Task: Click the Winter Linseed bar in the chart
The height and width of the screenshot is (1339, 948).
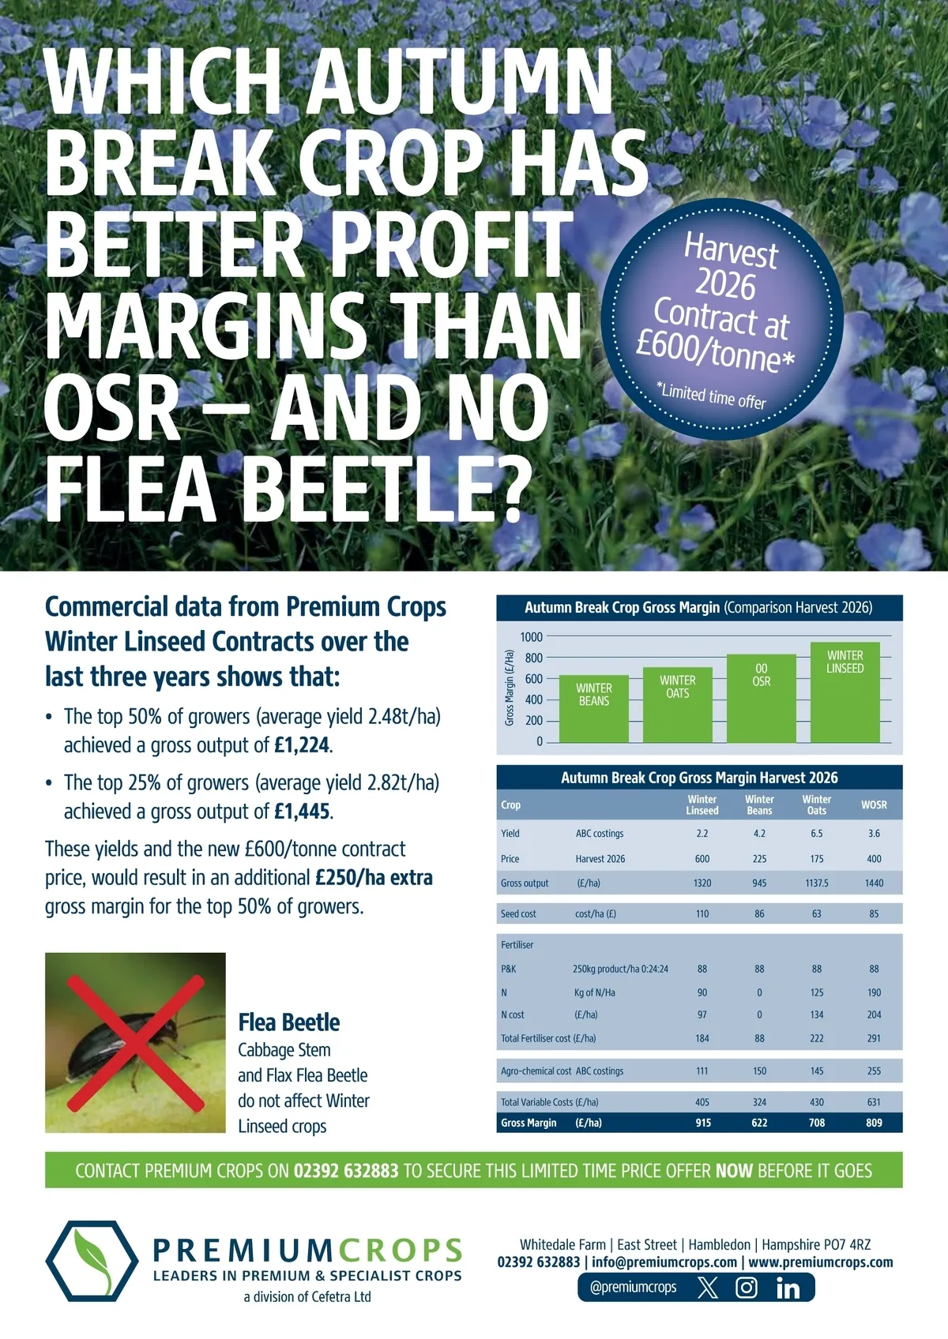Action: click(x=845, y=692)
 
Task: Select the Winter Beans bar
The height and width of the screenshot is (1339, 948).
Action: click(x=594, y=709)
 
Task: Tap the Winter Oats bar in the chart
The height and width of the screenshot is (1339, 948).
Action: click(x=678, y=705)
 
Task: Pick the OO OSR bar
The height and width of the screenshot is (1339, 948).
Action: click(x=762, y=699)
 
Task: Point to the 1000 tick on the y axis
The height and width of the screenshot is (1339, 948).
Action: click(x=531, y=637)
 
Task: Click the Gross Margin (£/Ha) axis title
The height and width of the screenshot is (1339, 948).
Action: click(x=510, y=688)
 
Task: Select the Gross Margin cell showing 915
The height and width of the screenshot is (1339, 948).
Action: click(x=703, y=1123)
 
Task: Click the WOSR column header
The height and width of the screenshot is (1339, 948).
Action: click(x=874, y=805)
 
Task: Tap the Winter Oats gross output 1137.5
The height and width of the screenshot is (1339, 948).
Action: click(x=816, y=883)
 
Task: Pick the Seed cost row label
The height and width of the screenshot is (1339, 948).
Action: click(x=518, y=913)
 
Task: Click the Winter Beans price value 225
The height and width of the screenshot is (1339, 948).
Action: click(x=759, y=859)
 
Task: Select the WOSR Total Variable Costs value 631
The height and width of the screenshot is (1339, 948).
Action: click(x=874, y=1101)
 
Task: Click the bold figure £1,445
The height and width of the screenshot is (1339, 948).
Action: click(x=302, y=811)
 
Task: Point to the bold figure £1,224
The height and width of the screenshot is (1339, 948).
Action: click(x=302, y=745)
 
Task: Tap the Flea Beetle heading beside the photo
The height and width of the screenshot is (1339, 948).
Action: click(x=289, y=1022)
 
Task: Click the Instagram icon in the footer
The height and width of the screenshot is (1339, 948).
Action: click(x=747, y=1287)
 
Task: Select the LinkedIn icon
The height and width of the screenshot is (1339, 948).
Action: click(x=788, y=1288)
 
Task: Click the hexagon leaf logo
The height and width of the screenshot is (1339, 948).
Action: click(x=92, y=1261)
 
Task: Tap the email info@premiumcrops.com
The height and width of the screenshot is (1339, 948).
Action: click(x=664, y=1262)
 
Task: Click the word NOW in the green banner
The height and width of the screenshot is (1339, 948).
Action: click(x=734, y=1170)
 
